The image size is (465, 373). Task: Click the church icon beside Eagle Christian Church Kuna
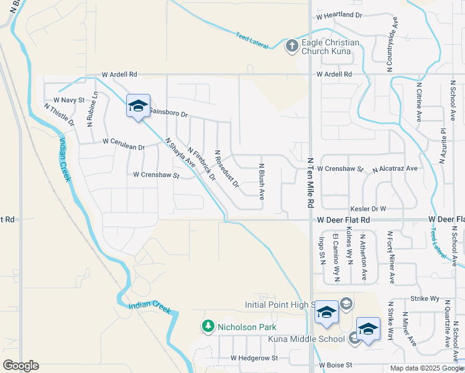pos(292,45)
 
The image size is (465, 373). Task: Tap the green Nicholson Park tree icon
pos(208,326)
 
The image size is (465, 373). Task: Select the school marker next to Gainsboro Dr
pos(138,106)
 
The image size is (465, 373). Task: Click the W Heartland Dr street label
pos(339,15)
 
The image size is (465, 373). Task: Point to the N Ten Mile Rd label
pos(311,182)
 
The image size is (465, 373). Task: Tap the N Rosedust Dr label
pos(226,168)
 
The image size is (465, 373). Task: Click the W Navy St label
pos(68,99)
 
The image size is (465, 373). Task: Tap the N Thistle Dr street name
pos(59,115)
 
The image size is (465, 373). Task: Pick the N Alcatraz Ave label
pos(395,168)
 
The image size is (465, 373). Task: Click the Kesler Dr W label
pos(369,209)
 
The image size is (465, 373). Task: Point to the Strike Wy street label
pos(425,298)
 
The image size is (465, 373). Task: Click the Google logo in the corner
pos(21,366)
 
